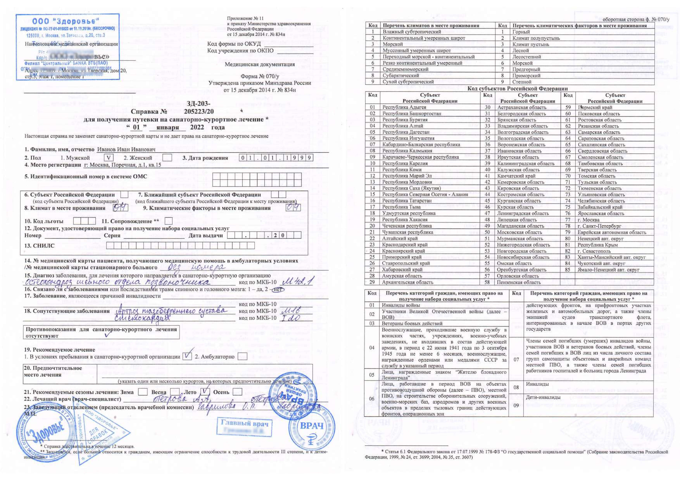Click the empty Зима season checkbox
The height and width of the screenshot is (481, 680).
[143, 392]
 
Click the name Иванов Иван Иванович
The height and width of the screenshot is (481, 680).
[126, 149]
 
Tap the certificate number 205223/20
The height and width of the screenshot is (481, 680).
[199, 111]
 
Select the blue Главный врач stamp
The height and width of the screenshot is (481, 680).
[245, 427]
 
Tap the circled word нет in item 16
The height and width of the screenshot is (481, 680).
[278, 289]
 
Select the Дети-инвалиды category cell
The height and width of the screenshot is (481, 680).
[543, 397]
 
